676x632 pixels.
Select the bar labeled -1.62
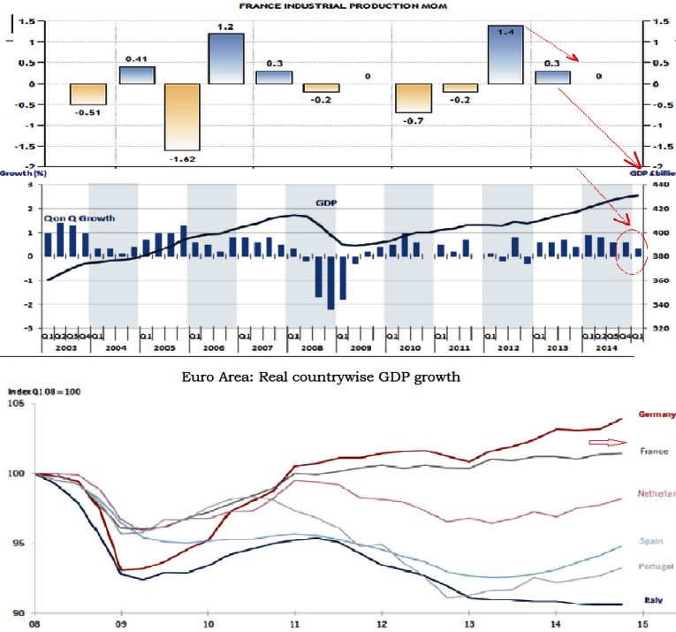182,117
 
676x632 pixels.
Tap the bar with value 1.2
225,58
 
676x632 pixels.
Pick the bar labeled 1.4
505,55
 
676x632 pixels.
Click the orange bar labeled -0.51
88,95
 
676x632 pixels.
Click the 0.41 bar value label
136,58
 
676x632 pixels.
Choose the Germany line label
656,415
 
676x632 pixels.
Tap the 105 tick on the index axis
17,404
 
